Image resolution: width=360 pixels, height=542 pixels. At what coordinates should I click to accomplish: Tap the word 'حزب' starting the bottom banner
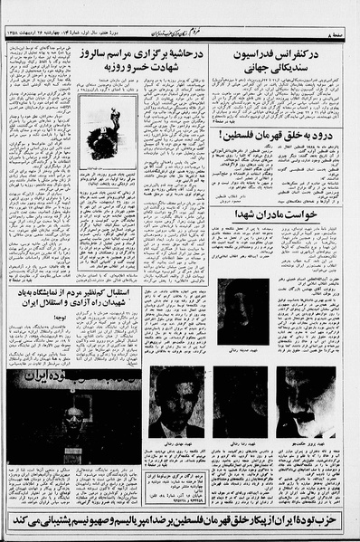pyautogui.click(x=342, y=521)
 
